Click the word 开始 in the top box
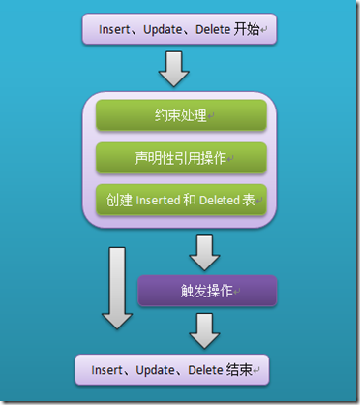click(x=248, y=29)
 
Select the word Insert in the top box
click(x=113, y=29)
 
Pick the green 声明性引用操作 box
click(x=181, y=157)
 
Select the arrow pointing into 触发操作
click(x=206, y=255)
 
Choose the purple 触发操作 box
click(x=207, y=291)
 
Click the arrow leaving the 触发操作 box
click(x=206, y=329)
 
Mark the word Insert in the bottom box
click(x=107, y=369)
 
